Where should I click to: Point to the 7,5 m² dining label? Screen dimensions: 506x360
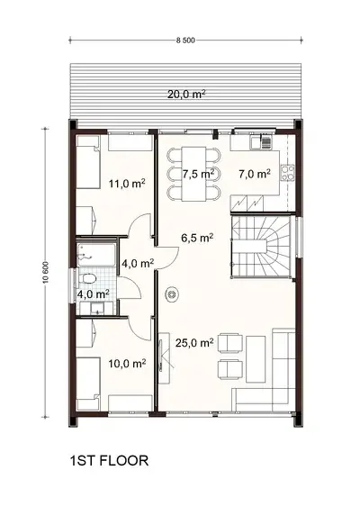[x=198, y=173]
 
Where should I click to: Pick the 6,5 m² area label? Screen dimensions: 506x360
[x=197, y=239]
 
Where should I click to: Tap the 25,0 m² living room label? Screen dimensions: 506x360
[x=196, y=343]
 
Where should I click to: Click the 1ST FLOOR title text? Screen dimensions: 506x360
[x=107, y=462]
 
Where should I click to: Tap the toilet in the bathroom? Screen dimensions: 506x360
[x=92, y=278]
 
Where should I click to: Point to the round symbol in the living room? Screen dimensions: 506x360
[x=170, y=293]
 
